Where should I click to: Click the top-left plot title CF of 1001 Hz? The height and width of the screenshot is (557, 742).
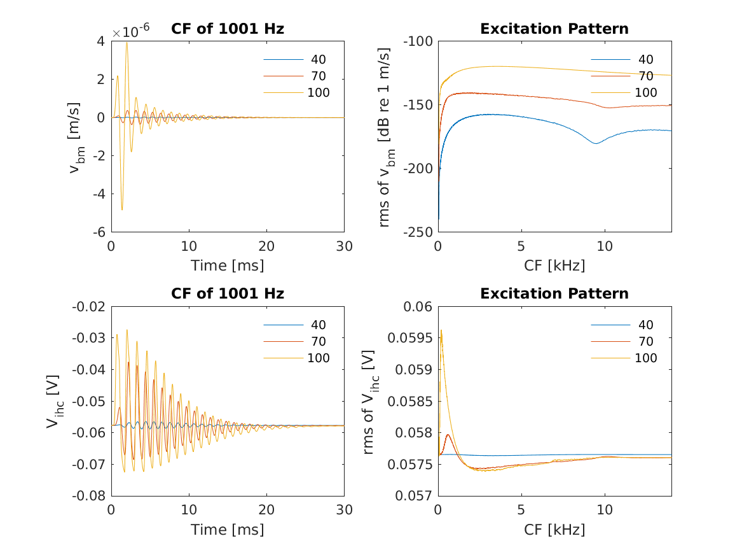(228, 29)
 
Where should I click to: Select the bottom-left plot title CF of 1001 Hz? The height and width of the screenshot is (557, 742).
(228, 293)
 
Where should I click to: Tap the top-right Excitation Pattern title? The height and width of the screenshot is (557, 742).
(554, 29)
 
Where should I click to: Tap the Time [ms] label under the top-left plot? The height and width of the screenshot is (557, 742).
(228, 265)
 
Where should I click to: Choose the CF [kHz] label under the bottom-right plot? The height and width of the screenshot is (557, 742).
(554, 530)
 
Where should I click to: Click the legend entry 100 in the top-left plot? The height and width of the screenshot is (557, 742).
(318, 92)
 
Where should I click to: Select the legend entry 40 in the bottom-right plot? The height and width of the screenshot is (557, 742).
(645, 325)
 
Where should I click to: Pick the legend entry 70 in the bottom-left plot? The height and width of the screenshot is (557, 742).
(318, 342)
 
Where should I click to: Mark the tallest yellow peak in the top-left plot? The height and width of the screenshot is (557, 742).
(127, 43)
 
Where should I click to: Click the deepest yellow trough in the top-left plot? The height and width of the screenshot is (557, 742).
(122, 209)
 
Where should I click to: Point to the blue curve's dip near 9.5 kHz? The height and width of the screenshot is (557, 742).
(596, 143)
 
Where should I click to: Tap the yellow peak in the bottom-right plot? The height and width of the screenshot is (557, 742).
(441, 330)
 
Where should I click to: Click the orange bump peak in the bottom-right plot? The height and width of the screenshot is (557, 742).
(448, 435)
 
